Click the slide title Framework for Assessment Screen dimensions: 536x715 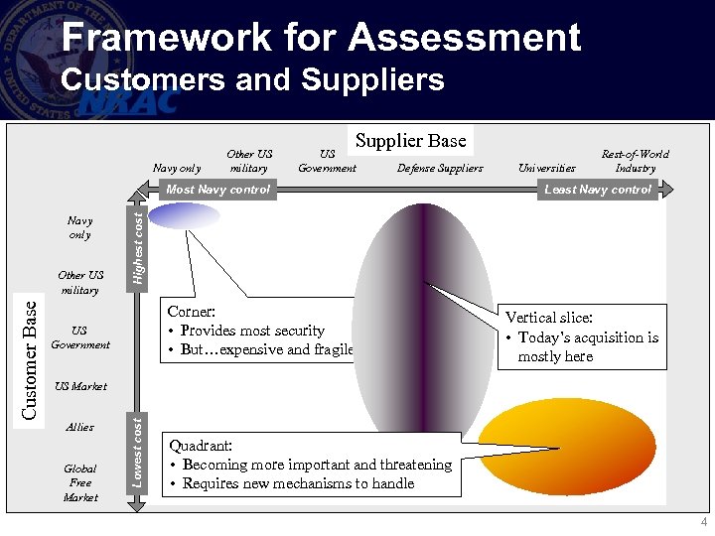point(320,38)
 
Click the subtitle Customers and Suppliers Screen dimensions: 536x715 point(252,79)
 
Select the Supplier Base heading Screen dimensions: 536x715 point(410,141)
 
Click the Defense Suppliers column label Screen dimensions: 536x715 point(440,169)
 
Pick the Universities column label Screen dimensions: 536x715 point(547,169)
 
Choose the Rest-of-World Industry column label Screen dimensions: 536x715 point(635,161)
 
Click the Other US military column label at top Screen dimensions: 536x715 point(249,161)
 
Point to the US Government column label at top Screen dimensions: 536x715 point(327,161)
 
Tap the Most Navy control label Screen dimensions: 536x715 point(217,190)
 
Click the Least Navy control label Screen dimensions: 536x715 point(598,190)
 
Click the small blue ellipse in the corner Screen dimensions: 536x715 point(184,215)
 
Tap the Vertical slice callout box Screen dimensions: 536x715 point(582,336)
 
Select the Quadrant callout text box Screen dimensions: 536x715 point(310,465)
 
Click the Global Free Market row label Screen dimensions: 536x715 point(80,482)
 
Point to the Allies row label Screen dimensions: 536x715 point(79,427)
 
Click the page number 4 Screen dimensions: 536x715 point(703,522)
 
